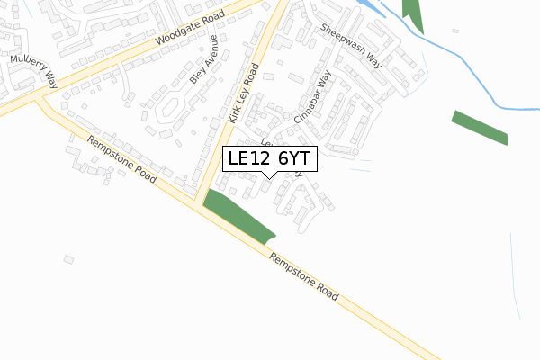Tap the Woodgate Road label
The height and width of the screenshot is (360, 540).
click(x=188, y=31)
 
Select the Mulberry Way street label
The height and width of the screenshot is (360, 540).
click(x=34, y=70)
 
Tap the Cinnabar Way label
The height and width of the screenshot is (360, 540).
click(x=315, y=98)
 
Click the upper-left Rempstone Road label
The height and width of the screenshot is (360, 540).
click(x=121, y=158)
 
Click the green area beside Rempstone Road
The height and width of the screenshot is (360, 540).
click(x=236, y=216)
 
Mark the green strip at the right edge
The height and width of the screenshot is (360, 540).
click(x=480, y=127)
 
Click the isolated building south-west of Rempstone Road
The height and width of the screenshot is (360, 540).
click(x=68, y=259)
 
